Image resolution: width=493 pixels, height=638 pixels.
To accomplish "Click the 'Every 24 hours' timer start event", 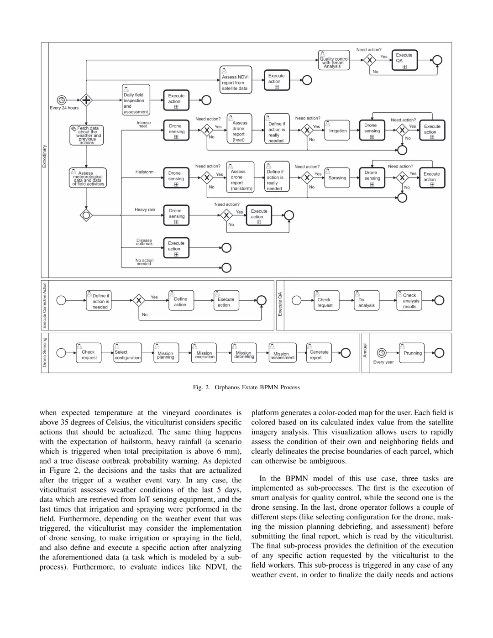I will click(x=62, y=100).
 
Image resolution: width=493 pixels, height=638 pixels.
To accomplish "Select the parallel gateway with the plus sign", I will click(x=86, y=100).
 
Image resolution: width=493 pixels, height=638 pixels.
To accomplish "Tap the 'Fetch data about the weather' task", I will click(x=87, y=136).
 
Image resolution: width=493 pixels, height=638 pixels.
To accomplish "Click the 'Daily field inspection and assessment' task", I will click(x=136, y=100).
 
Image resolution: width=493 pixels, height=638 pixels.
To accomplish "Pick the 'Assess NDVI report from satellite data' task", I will click(x=235, y=79).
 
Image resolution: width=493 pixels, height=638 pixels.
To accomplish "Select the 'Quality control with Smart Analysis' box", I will click(x=334, y=60).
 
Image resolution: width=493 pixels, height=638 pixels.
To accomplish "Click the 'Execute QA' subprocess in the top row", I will click(x=404, y=60).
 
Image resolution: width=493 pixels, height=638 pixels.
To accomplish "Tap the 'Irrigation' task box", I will click(x=337, y=131).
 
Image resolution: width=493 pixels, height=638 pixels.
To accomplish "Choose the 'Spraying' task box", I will click(x=337, y=178).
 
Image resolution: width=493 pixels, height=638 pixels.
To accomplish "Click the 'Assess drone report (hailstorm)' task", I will click(x=240, y=178).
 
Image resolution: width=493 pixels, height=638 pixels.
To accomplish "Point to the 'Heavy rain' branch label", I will click(x=145, y=210).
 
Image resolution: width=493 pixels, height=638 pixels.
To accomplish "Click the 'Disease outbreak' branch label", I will click(x=144, y=242).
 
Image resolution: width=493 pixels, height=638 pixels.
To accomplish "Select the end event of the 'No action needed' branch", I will click(x=226, y=267).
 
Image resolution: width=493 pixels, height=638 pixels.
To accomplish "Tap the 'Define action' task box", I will click(x=180, y=300).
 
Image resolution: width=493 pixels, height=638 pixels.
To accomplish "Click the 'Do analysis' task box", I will click(x=366, y=300).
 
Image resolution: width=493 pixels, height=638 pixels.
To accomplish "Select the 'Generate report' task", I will click(x=319, y=353).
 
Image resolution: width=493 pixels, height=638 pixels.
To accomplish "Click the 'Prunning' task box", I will click(x=412, y=353).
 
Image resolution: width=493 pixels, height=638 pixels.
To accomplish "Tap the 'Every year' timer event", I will click(x=382, y=353).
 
